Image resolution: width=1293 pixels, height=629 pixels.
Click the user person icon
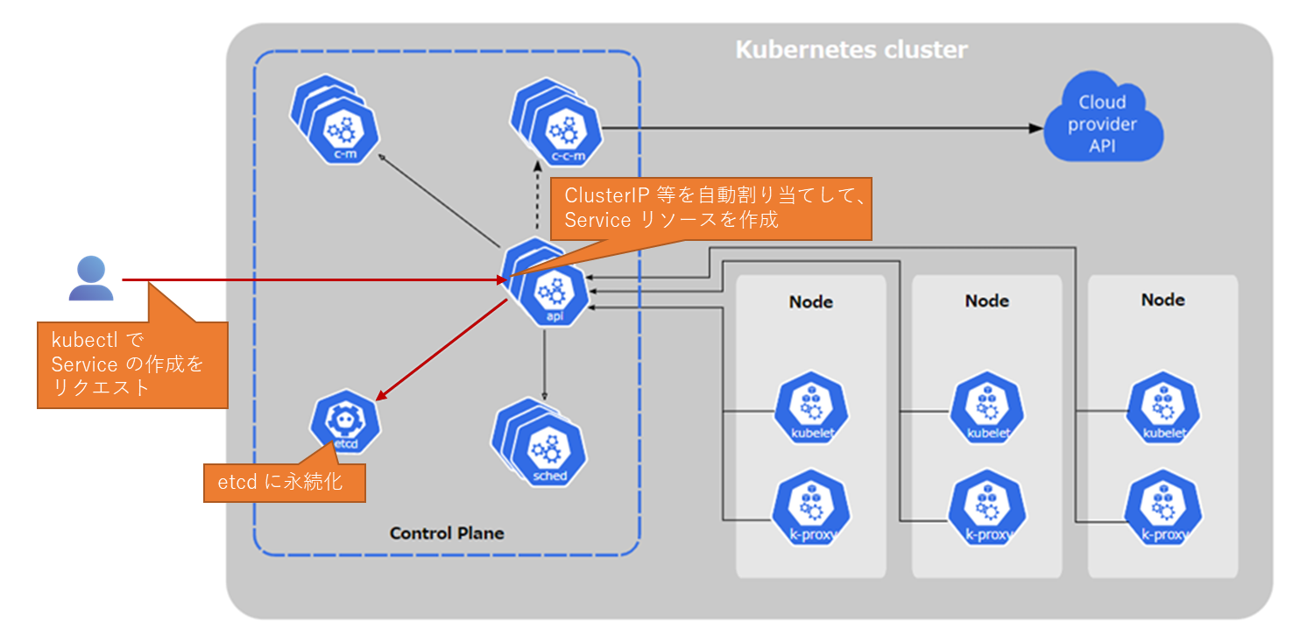pyautogui.click(x=91, y=279)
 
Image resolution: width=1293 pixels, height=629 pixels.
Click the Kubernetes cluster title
pyautogui.click(x=851, y=49)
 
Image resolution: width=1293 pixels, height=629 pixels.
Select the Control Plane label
pyautogui.click(x=447, y=533)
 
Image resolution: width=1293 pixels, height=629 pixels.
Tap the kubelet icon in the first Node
pyautogui.click(x=810, y=410)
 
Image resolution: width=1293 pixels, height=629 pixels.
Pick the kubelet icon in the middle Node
pyautogui.click(x=987, y=410)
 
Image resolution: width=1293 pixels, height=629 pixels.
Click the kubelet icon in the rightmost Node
pyautogui.click(x=1163, y=410)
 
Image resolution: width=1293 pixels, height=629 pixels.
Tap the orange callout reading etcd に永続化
pyautogui.click(x=285, y=482)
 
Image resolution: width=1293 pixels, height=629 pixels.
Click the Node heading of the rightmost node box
pyautogui.click(x=1162, y=300)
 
